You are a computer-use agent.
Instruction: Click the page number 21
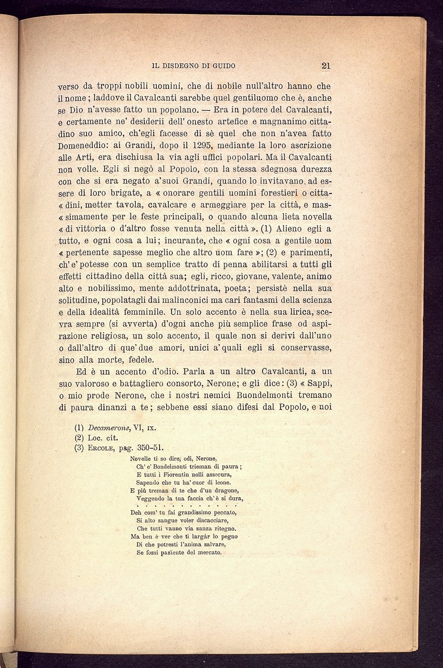coord(326,66)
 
